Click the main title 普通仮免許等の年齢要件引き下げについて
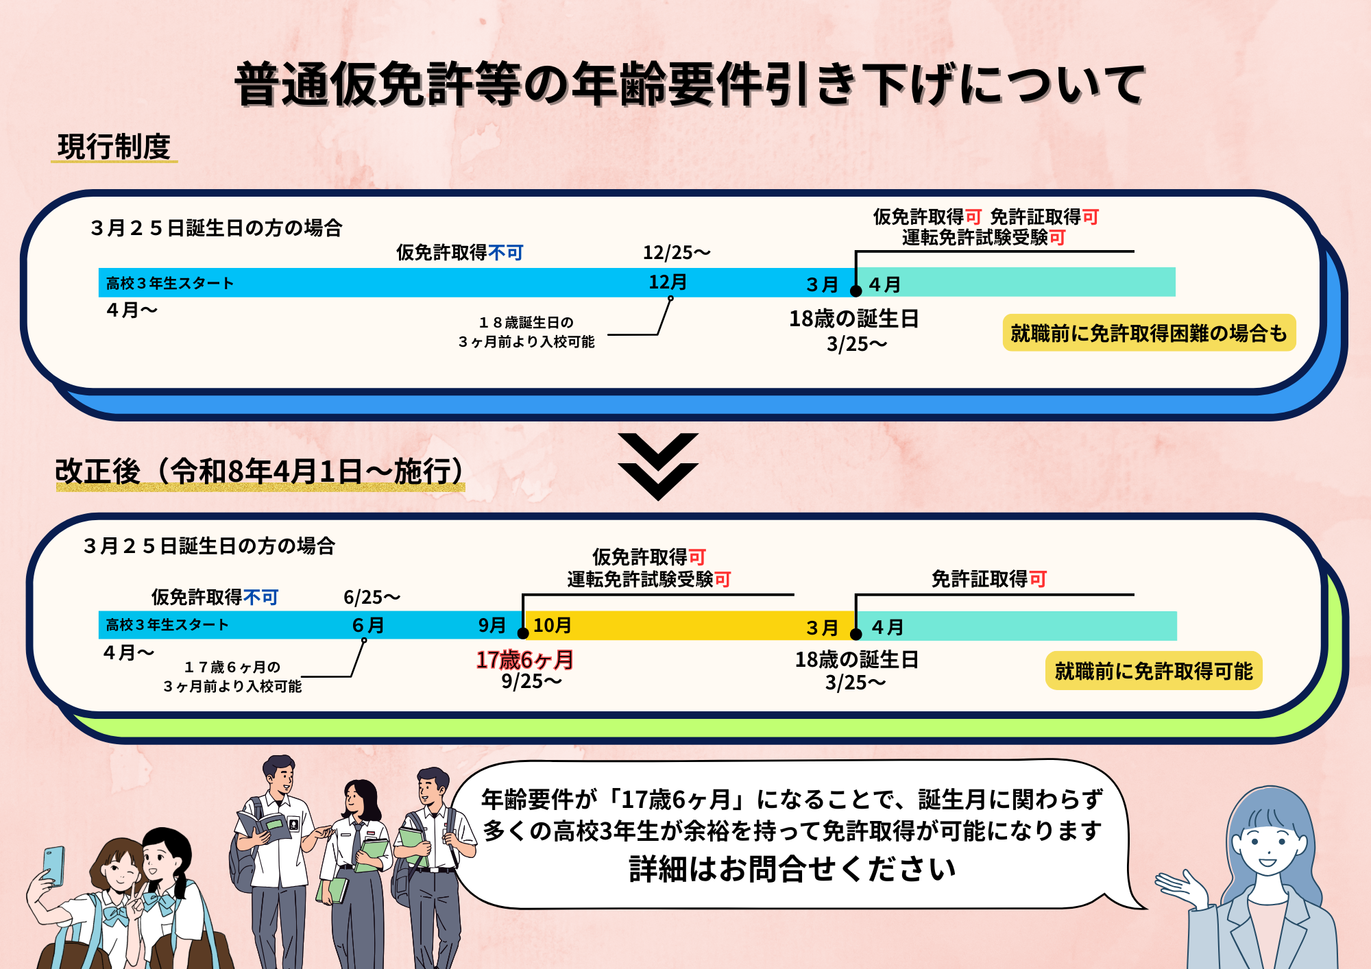689,84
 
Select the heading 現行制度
114,147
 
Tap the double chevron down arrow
658,466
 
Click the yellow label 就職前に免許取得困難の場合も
1149,333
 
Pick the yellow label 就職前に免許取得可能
1154,671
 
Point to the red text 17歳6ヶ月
524,659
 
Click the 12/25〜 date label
676,253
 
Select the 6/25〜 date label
372,598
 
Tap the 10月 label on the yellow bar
553,625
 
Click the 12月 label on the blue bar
668,282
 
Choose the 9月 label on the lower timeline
492,625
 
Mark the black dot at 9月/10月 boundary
523,633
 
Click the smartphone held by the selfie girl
53,865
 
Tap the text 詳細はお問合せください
792,869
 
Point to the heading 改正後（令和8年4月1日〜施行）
260,471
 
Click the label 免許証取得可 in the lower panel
988,579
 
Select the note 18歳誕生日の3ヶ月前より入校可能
526,332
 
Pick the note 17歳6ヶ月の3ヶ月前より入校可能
232,676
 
